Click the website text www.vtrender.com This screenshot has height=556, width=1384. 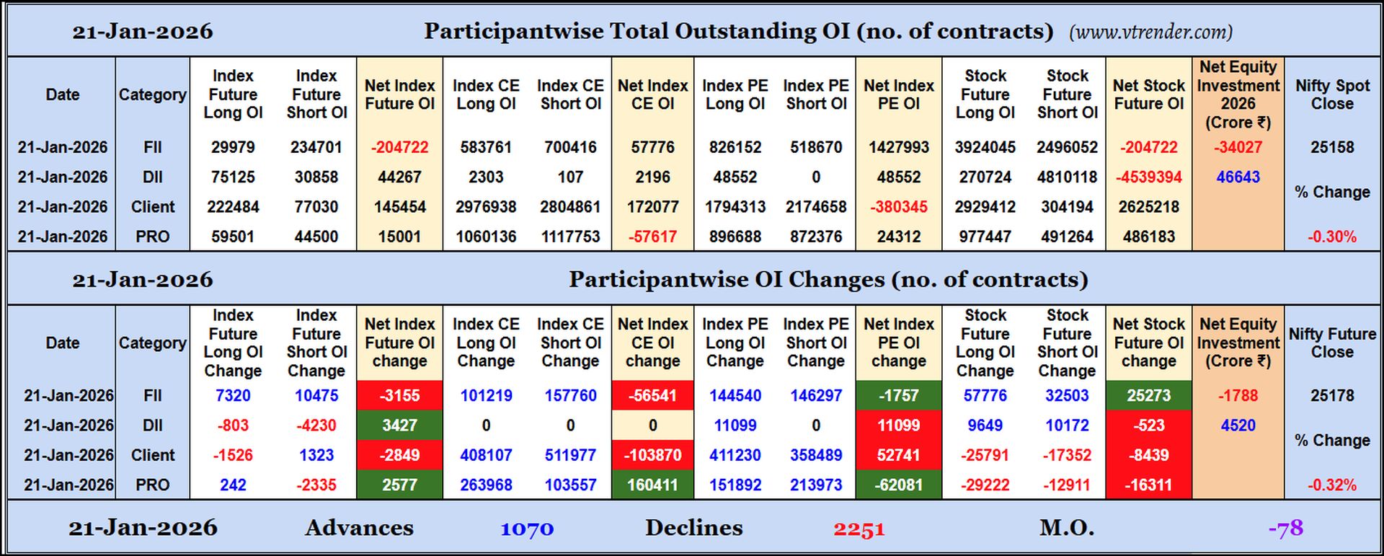(x=1150, y=32)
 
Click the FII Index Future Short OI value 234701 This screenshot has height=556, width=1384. (x=316, y=147)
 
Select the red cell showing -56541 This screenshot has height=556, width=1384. (x=652, y=396)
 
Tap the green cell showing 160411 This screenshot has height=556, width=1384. (x=652, y=485)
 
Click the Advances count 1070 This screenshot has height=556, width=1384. (x=527, y=529)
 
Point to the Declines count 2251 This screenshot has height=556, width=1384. (x=859, y=529)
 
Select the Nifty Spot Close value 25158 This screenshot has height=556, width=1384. (x=1331, y=147)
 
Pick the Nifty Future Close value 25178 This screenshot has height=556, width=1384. (x=1331, y=396)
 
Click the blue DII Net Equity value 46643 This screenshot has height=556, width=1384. (x=1238, y=177)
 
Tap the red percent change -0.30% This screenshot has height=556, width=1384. (x=1331, y=237)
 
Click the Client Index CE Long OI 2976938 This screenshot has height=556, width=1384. (x=486, y=207)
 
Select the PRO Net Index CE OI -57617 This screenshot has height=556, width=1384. (x=652, y=237)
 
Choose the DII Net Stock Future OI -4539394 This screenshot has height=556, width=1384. (x=1148, y=177)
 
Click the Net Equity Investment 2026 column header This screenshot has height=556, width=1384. (x=1238, y=94)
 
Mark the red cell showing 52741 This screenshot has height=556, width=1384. (x=898, y=456)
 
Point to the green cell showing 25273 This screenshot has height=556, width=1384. (x=1148, y=396)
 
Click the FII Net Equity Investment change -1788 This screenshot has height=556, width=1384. (x=1238, y=396)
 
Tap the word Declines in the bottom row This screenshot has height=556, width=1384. (x=693, y=528)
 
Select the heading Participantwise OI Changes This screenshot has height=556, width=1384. (x=828, y=280)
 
